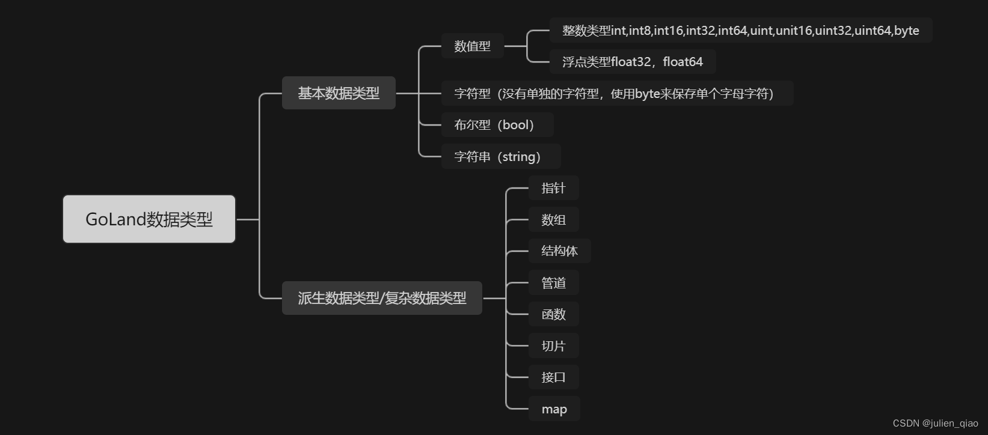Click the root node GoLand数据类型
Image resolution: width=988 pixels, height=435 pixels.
pyautogui.click(x=149, y=219)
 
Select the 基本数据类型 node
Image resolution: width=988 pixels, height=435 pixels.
pyautogui.click(x=339, y=93)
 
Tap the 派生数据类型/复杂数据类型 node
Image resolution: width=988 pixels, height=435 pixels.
pyautogui.click(x=382, y=298)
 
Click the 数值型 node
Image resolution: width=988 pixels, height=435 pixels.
pyautogui.click(x=472, y=46)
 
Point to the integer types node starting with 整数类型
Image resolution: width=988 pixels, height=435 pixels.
pyautogui.click(x=740, y=31)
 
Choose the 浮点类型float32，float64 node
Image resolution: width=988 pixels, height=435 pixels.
pyautogui.click(x=632, y=62)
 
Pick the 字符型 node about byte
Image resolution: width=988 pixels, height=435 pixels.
pyautogui.click(x=617, y=94)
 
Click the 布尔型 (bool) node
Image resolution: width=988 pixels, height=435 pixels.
pyautogui.click(x=497, y=125)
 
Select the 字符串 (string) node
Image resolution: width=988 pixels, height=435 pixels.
pyautogui.click(x=500, y=157)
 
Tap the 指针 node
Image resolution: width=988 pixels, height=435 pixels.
pyautogui.click(x=553, y=188)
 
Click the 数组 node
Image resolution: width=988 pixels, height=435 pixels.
pyautogui.click(x=553, y=220)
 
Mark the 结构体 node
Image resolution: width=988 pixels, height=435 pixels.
pyautogui.click(x=559, y=251)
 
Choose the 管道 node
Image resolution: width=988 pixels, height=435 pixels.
pyautogui.click(x=553, y=283)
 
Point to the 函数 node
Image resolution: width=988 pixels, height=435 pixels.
pyautogui.click(x=553, y=314)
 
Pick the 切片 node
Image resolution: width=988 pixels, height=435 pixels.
pyautogui.click(x=553, y=346)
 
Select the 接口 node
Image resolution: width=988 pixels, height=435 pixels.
pyautogui.click(x=553, y=377)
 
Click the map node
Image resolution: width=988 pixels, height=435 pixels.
pyautogui.click(x=554, y=409)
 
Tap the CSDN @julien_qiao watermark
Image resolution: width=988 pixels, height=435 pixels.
pyautogui.click(x=935, y=424)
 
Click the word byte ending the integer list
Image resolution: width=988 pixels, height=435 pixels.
pyautogui.click(x=906, y=31)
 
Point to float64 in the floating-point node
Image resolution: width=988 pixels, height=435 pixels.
pyautogui.click(x=683, y=62)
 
